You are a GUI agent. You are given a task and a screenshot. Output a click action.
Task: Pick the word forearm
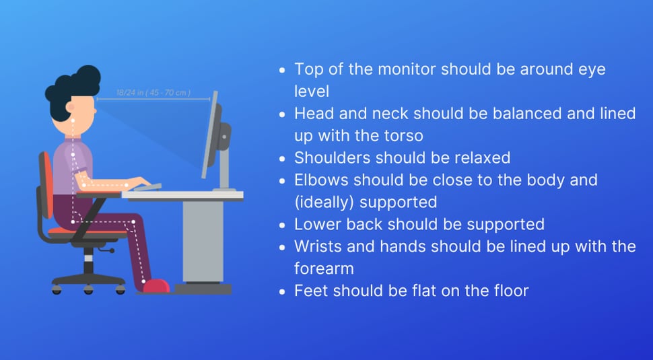tap(324, 268)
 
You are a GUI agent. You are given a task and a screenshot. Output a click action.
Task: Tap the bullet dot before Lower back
tap(283, 225)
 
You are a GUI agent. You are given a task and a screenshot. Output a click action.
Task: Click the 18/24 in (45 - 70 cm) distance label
tap(153, 92)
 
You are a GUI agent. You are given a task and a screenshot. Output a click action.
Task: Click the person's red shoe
tap(156, 286)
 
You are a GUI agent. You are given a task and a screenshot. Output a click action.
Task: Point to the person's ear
tap(70, 107)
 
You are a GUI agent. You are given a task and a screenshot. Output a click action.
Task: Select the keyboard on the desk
tap(147, 187)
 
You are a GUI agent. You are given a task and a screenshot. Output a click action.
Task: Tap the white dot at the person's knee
tap(133, 222)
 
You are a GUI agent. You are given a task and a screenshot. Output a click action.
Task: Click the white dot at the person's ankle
tap(143, 282)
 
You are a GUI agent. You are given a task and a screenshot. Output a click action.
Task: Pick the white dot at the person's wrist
tap(127, 185)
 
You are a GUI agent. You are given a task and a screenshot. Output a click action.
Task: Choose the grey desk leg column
tap(203, 242)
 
